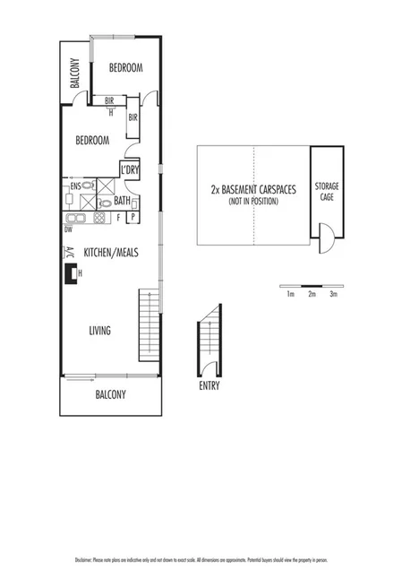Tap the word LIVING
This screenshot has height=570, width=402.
point(99,331)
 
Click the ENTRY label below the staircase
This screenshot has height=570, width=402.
point(210,386)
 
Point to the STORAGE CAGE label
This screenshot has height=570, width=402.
point(326,192)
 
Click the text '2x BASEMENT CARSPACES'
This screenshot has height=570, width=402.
point(253,190)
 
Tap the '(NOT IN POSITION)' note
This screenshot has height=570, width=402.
point(253,202)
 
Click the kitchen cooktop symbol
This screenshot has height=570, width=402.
point(100,218)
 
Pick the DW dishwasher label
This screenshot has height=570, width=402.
point(69,229)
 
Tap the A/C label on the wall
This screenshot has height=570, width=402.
point(69,253)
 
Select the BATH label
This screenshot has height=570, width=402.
point(123,201)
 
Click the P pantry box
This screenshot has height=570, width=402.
point(133,217)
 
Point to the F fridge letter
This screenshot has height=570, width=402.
point(118,217)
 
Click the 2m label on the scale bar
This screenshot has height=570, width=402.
point(311,294)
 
